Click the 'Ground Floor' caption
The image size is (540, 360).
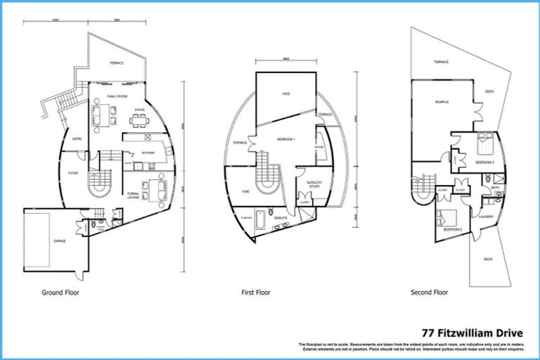click(x=60, y=292)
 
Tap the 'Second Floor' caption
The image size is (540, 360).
click(x=430, y=292)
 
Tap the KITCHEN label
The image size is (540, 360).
click(x=148, y=153)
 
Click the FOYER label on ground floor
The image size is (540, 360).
click(x=72, y=172)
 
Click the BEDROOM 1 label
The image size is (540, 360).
click(x=284, y=139)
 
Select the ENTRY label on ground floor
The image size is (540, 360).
click(x=77, y=139)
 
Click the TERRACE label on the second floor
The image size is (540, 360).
click(x=441, y=62)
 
